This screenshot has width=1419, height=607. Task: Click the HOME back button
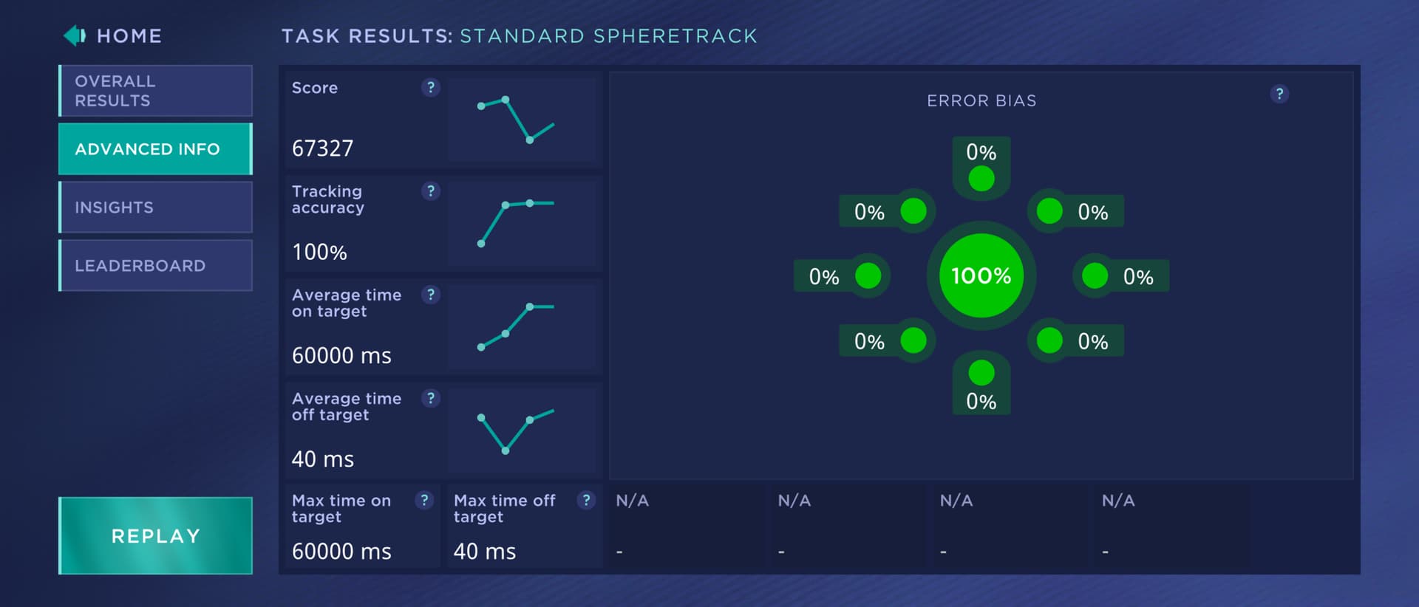pyautogui.click(x=113, y=35)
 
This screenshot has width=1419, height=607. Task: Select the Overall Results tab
pyautogui.click(x=155, y=91)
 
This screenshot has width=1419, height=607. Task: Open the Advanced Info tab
pyautogui.click(x=155, y=149)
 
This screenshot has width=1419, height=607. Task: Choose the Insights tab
pyautogui.click(x=155, y=208)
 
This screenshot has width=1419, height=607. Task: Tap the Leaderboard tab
pyautogui.click(x=155, y=266)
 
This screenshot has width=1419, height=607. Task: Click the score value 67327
pyautogui.click(x=323, y=148)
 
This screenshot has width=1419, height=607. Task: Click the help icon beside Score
pyautogui.click(x=430, y=88)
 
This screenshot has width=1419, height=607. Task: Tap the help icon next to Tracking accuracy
pyautogui.click(x=430, y=191)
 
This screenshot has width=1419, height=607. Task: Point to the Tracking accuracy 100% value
pyautogui.click(x=319, y=253)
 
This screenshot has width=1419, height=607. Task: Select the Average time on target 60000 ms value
pyautogui.click(x=341, y=356)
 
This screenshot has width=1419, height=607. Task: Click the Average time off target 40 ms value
pyautogui.click(x=323, y=459)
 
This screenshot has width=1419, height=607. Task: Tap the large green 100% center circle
pyautogui.click(x=981, y=276)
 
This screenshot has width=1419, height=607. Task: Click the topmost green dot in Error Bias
pyautogui.click(x=981, y=179)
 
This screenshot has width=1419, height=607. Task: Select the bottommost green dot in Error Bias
pyautogui.click(x=981, y=373)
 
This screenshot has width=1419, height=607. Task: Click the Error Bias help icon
pyautogui.click(x=1279, y=94)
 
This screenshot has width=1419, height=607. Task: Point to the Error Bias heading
pyautogui.click(x=981, y=100)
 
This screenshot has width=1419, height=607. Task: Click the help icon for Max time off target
pyautogui.click(x=586, y=501)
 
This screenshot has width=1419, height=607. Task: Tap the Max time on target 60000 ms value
pyautogui.click(x=341, y=552)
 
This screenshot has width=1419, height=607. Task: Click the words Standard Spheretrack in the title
pyautogui.click(x=608, y=36)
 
